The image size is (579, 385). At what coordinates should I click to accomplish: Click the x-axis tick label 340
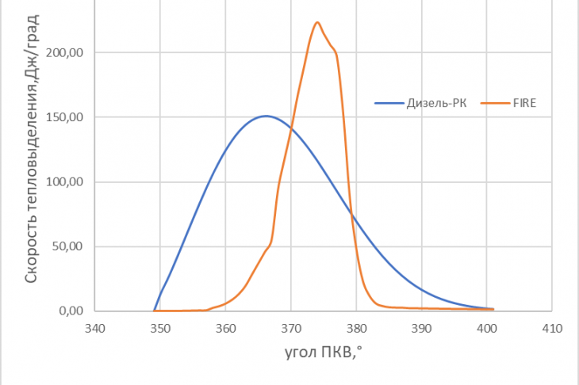pyautogui.click(x=95, y=328)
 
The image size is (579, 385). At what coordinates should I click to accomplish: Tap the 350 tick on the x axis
pyautogui.click(x=160, y=328)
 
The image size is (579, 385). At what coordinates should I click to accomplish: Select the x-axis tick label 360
pyautogui.click(x=225, y=328)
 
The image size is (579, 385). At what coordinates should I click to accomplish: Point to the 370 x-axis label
pyautogui.click(x=291, y=328)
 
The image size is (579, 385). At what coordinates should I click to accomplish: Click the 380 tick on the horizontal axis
pyautogui.click(x=356, y=328)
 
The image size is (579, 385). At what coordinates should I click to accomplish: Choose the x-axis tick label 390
pyautogui.click(x=421, y=328)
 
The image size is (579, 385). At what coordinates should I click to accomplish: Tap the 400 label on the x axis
pyautogui.click(x=487, y=328)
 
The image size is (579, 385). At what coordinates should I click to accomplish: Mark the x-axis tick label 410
pyautogui.click(x=552, y=328)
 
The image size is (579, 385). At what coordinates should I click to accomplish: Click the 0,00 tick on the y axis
pyautogui.click(x=71, y=311)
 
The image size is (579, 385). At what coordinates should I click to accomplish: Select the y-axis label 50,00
pyautogui.click(x=67, y=246)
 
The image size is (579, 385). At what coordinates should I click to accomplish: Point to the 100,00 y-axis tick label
pyautogui.click(x=64, y=182)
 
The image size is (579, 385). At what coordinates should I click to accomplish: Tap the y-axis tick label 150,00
pyautogui.click(x=64, y=117)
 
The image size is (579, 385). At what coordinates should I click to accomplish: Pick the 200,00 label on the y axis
pyautogui.click(x=64, y=53)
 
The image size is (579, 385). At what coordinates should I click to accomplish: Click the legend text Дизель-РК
pyautogui.click(x=436, y=103)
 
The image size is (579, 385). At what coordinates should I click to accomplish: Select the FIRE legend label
pyautogui.click(x=524, y=103)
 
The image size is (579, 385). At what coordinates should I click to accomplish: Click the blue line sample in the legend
pyautogui.click(x=389, y=103)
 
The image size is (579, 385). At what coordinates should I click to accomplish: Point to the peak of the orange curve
pyautogui.click(x=317, y=22)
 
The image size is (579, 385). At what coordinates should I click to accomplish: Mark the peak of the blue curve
pyautogui.click(x=266, y=116)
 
